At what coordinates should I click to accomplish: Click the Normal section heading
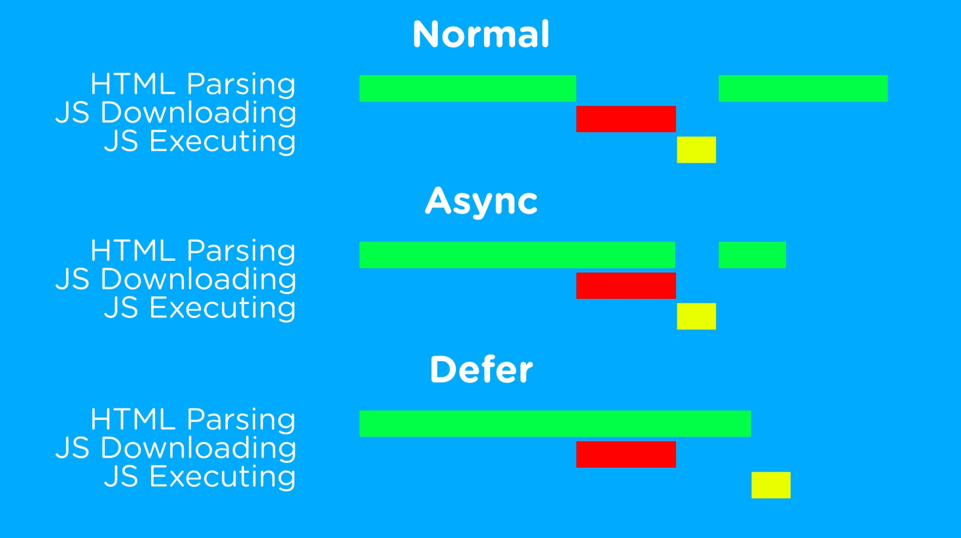coord(481,34)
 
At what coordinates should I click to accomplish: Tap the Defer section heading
coord(481,369)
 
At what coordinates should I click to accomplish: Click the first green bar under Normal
coord(467,88)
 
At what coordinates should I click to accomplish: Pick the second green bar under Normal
coord(803,88)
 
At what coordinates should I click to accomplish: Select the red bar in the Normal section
coord(626,119)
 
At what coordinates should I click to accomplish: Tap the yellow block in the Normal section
coord(696,150)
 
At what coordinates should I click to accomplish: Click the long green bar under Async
coord(517,255)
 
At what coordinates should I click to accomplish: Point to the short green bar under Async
coord(752,255)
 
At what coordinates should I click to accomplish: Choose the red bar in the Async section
coord(626,286)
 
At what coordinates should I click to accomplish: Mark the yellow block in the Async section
coord(696,316)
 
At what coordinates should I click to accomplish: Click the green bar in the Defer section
coord(555,423)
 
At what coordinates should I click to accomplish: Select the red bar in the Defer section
coord(626,455)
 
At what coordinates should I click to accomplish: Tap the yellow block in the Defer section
coord(771,485)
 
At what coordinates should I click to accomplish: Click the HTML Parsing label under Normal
coord(193,84)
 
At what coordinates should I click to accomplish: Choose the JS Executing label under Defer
coord(200,476)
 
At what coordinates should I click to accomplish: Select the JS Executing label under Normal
coord(200,141)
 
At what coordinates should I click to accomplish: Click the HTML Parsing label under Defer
coord(193,419)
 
